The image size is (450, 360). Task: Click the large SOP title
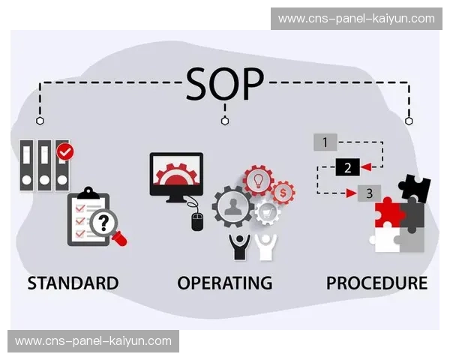pos(224,85)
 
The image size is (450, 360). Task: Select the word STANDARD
pos(73,283)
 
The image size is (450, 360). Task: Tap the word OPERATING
pos(224,283)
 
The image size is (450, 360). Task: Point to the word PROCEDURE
pos(376,283)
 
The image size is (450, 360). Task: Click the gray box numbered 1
pos(325,142)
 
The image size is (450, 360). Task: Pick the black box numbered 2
pos(346,166)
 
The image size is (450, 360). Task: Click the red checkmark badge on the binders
pos(66,151)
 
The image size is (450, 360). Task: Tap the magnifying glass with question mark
pos(105,223)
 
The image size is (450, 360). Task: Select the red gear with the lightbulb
pos(259,181)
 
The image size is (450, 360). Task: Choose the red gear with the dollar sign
pos(283,192)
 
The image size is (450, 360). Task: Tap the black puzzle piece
pos(414,188)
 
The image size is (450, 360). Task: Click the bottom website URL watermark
pos(93,341)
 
